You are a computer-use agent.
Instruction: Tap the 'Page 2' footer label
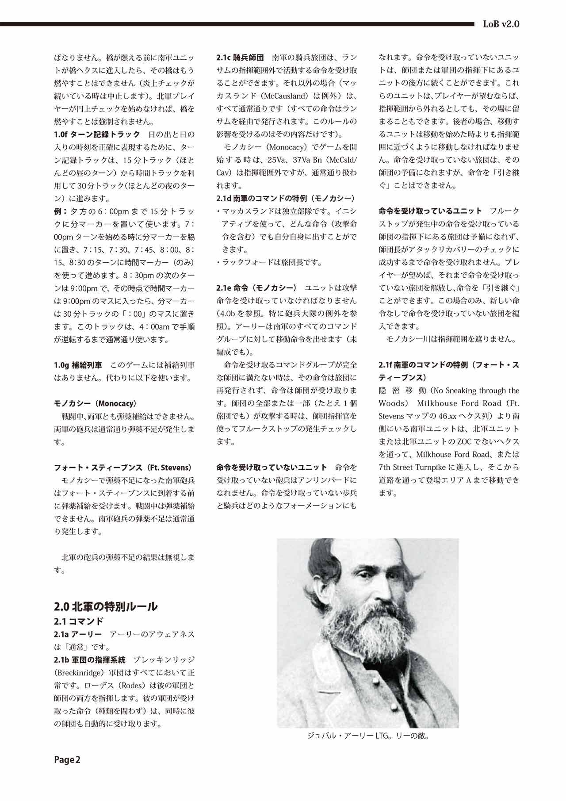coord(67,760)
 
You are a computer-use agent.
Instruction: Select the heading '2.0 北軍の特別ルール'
coord(105,606)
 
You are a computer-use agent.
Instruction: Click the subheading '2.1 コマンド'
coord(79,621)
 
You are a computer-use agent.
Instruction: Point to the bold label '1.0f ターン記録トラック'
coord(97,134)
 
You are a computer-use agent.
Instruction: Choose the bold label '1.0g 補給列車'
coord(78,365)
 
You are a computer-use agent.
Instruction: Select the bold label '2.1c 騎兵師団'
coord(240,57)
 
